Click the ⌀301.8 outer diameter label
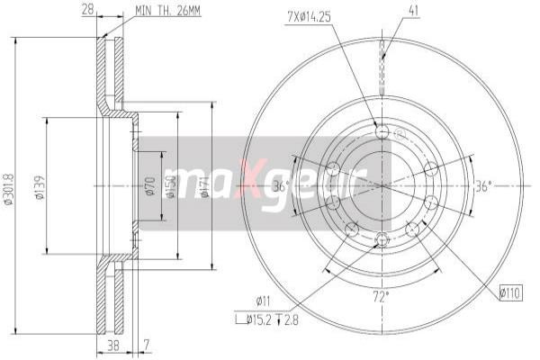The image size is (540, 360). click(x=9, y=190)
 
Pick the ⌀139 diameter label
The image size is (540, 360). click(x=40, y=190)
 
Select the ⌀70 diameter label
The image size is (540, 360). click(x=150, y=186)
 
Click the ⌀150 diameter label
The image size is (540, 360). click(x=169, y=186)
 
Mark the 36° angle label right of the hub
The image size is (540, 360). click(x=483, y=186)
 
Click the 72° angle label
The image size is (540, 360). click(x=382, y=294)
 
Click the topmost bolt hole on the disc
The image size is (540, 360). click(x=382, y=133)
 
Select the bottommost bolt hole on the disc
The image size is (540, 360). click(x=382, y=238)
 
